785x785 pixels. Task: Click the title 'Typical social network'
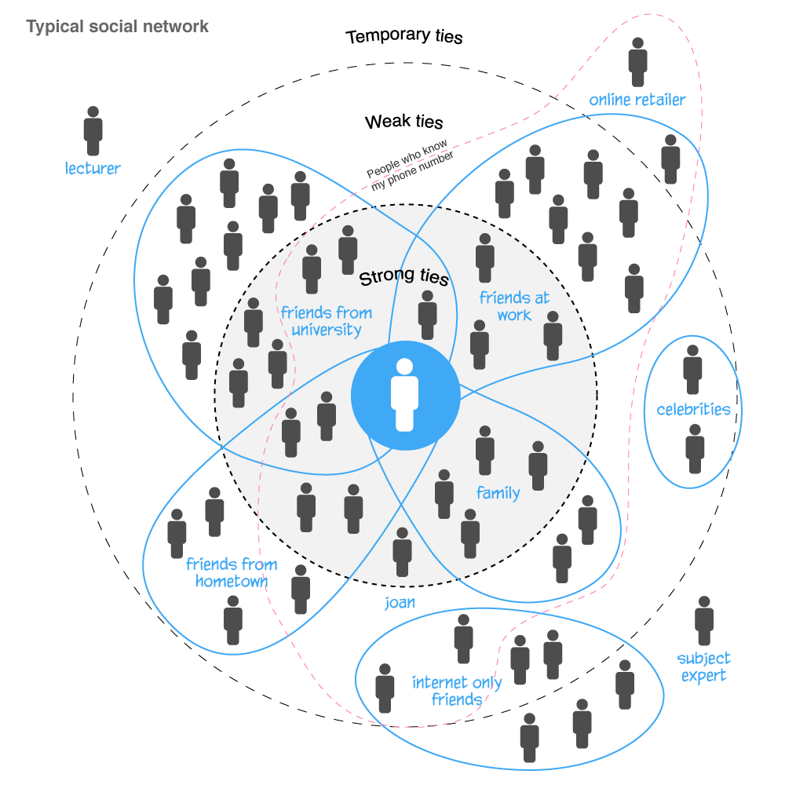click(x=118, y=27)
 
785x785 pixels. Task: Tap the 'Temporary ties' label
click(x=404, y=37)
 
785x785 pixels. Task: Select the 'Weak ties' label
click(x=403, y=122)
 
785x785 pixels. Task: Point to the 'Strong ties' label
click(x=403, y=279)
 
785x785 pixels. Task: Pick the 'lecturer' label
click(x=93, y=168)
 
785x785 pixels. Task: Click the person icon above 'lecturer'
click(x=93, y=131)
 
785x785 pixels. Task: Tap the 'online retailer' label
click(x=637, y=100)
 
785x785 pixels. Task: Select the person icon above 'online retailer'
click(x=638, y=62)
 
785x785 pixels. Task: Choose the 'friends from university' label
click(x=327, y=321)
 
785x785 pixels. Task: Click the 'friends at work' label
click(x=514, y=306)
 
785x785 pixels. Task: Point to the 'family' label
click(x=498, y=493)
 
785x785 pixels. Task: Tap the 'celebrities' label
click(x=693, y=409)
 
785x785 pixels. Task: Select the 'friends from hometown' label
click(x=232, y=573)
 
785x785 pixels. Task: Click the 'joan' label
click(x=400, y=603)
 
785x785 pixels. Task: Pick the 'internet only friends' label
click(x=457, y=691)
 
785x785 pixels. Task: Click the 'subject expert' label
click(x=703, y=666)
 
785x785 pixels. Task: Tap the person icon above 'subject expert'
click(x=704, y=621)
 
